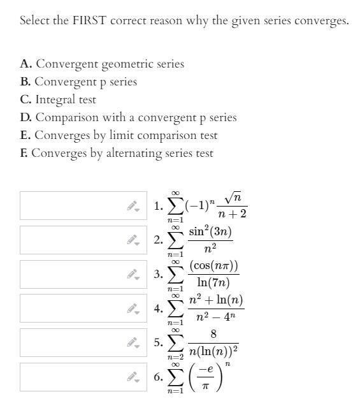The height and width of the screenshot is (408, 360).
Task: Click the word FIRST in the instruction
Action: (87, 20)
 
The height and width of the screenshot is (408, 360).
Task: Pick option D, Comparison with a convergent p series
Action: (128, 117)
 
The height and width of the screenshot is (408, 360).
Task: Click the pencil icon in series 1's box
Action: (132, 206)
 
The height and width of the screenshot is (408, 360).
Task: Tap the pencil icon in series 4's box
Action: (132, 309)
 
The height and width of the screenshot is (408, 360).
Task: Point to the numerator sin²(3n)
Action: (210, 231)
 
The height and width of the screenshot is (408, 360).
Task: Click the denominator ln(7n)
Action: (213, 282)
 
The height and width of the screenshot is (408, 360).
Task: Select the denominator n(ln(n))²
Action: (213, 351)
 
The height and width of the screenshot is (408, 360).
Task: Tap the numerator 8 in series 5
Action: (213, 334)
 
